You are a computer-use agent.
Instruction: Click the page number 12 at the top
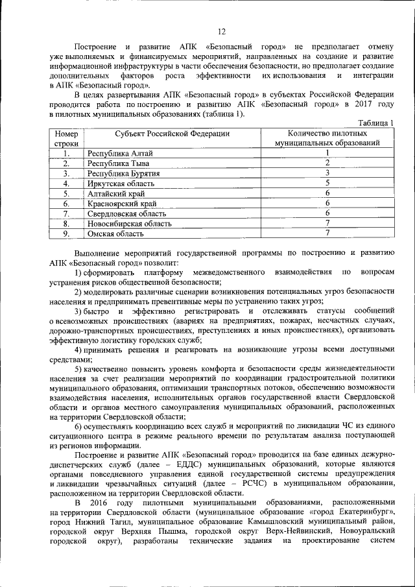(x=221, y=32)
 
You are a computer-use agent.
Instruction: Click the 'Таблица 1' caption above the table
(x=377, y=123)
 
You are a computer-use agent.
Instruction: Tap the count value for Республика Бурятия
(x=328, y=173)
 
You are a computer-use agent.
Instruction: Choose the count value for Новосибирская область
(x=328, y=223)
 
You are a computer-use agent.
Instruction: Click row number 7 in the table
(x=66, y=213)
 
